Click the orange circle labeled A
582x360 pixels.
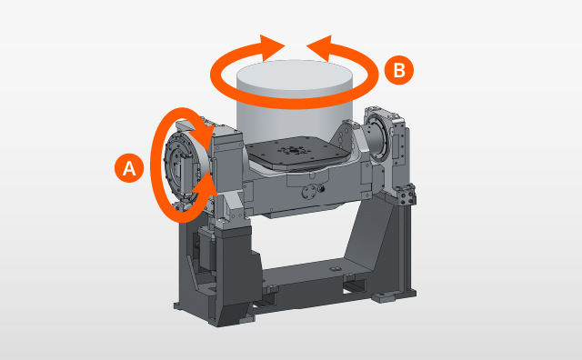[x=129, y=168]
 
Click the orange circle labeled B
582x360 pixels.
[x=399, y=70]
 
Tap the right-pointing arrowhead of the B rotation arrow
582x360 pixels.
[x=272, y=47]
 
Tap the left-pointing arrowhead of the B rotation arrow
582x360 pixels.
[x=319, y=48]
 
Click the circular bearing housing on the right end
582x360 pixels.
[x=378, y=136]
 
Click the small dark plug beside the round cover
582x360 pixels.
[x=321, y=188]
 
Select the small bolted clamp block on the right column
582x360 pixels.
[x=406, y=195]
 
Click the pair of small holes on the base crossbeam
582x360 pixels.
[x=335, y=268]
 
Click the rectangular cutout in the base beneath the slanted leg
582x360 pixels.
[x=354, y=286]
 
